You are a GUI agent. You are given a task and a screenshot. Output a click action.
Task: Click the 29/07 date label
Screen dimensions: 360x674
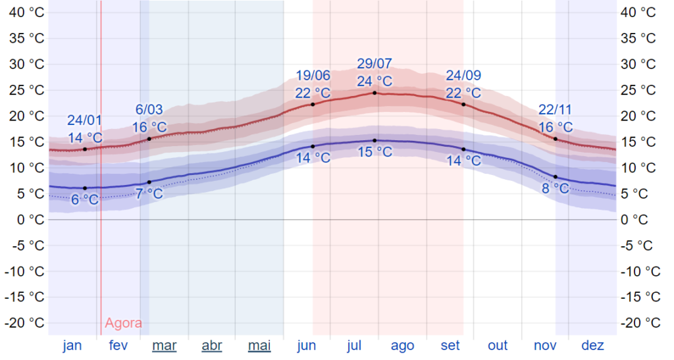pyautogui.click(x=374, y=64)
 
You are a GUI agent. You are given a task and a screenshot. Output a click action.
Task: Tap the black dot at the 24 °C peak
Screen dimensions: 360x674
pyautogui.click(x=375, y=93)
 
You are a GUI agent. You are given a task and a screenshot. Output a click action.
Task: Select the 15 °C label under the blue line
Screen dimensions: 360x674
pyautogui.click(x=374, y=152)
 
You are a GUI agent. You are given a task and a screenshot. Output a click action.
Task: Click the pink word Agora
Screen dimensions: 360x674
pyautogui.click(x=123, y=323)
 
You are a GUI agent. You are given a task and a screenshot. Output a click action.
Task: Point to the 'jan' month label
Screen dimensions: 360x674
pyautogui.click(x=72, y=346)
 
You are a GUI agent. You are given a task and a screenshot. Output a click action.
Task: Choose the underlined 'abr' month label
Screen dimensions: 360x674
pyautogui.click(x=212, y=346)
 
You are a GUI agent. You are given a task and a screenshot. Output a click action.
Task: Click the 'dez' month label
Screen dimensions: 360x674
pyautogui.click(x=592, y=346)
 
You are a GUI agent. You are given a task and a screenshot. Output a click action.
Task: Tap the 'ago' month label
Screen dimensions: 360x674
pyautogui.click(x=402, y=346)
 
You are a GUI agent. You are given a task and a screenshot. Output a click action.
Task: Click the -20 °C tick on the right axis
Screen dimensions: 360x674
pyautogui.click(x=642, y=322)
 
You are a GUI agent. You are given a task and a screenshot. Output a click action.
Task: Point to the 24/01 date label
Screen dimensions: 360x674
pyautogui.click(x=85, y=120)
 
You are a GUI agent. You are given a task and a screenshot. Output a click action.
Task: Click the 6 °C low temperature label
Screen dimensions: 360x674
pyautogui.click(x=85, y=199)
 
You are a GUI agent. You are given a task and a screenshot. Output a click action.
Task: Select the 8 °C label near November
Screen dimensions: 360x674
pyautogui.click(x=556, y=188)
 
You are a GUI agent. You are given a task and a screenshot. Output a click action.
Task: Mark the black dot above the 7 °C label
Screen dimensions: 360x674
pyautogui.click(x=149, y=182)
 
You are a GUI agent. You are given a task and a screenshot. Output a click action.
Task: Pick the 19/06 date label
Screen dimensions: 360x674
pyautogui.click(x=313, y=76)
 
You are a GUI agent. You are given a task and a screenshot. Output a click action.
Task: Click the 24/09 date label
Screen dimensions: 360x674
pyautogui.click(x=463, y=76)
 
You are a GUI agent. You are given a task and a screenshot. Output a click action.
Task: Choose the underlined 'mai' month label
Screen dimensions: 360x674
pyautogui.click(x=259, y=346)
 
